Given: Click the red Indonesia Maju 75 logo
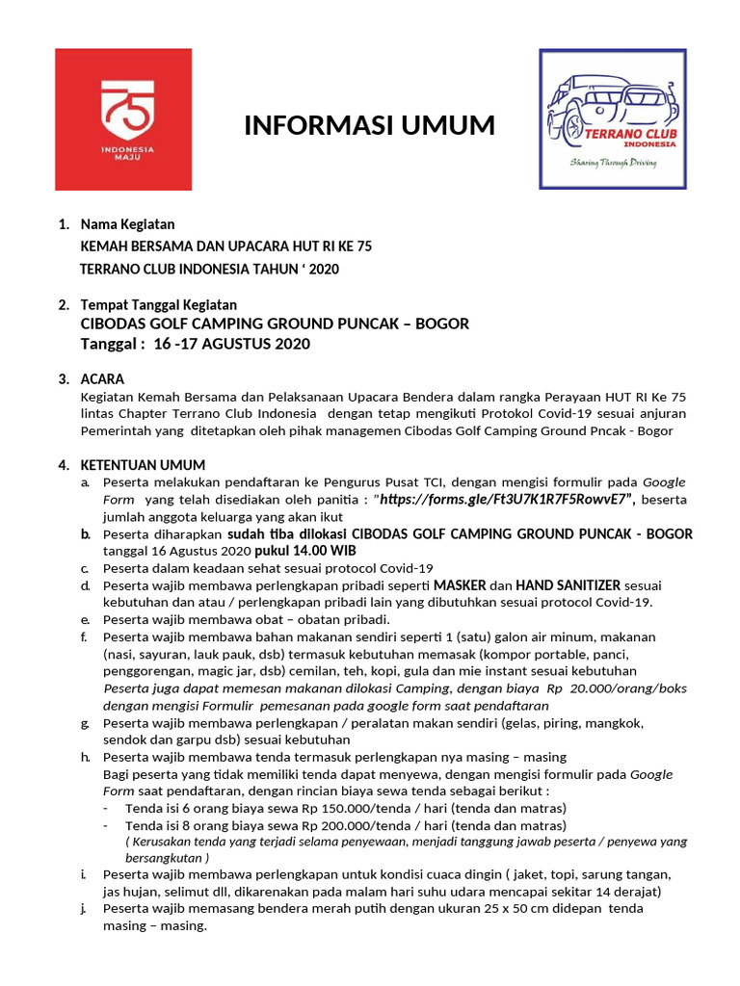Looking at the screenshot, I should pyautogui.click(x=123, y=119).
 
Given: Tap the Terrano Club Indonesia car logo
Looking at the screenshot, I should pyautogui.click(x=612, y=119).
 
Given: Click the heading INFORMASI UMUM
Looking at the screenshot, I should pyautogui.click(x=369, y=126).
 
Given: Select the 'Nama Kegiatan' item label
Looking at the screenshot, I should pyautogui.click(x=127, y=224).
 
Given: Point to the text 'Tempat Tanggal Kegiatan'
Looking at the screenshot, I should pyautogui.click(x=157, y=304).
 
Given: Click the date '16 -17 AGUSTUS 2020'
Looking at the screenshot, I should pyautogui.click(x=232, y=344).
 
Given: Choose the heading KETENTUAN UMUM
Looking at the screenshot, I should pyautogui.click(x=143, y=465).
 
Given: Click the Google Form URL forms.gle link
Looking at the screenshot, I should pyautogui.click(x=507, y=499).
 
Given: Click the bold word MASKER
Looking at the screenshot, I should pyautogui.click(x=460, y=585).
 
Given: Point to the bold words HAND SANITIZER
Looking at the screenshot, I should pyautogui.click(x=568, y=585).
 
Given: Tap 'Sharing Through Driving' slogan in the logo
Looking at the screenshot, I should pyautogui.click(x=613, y=164).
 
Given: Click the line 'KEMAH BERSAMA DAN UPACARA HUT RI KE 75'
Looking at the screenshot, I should pyautogui.click(x=225, y=246).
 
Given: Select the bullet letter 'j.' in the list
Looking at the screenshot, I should pyautogui.click(x=85, y=908).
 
